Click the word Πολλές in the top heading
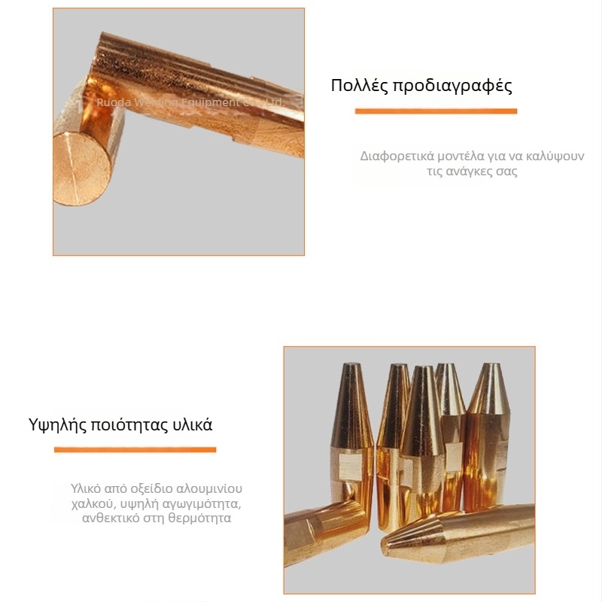click(357, 85)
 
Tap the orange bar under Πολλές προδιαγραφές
click(436, 111)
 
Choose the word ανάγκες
click(471, 172)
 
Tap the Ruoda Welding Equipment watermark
click(189, 102)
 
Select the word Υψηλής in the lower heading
click(56, 424)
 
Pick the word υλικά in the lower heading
click(192, 424)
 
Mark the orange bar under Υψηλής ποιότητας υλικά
click(135, 450)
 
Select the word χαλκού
click(94, 503)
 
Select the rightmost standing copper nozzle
click(488, 421)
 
